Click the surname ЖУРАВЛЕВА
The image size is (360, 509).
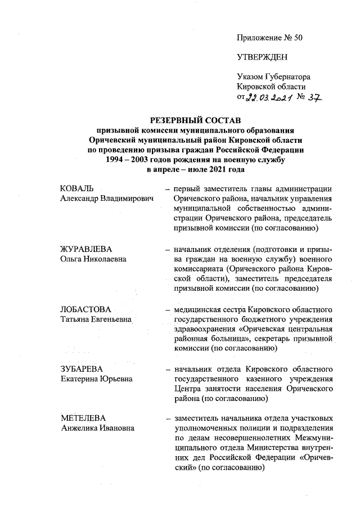pos(87,249)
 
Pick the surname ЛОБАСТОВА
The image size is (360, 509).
pos(86,309)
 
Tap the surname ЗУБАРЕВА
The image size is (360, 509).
pos(82,370)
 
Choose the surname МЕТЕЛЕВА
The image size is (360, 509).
pos(84,419)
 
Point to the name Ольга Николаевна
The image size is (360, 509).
pos(93,259)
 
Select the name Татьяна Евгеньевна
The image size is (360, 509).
pos(95,319)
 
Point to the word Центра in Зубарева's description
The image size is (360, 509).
pos(187,390)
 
